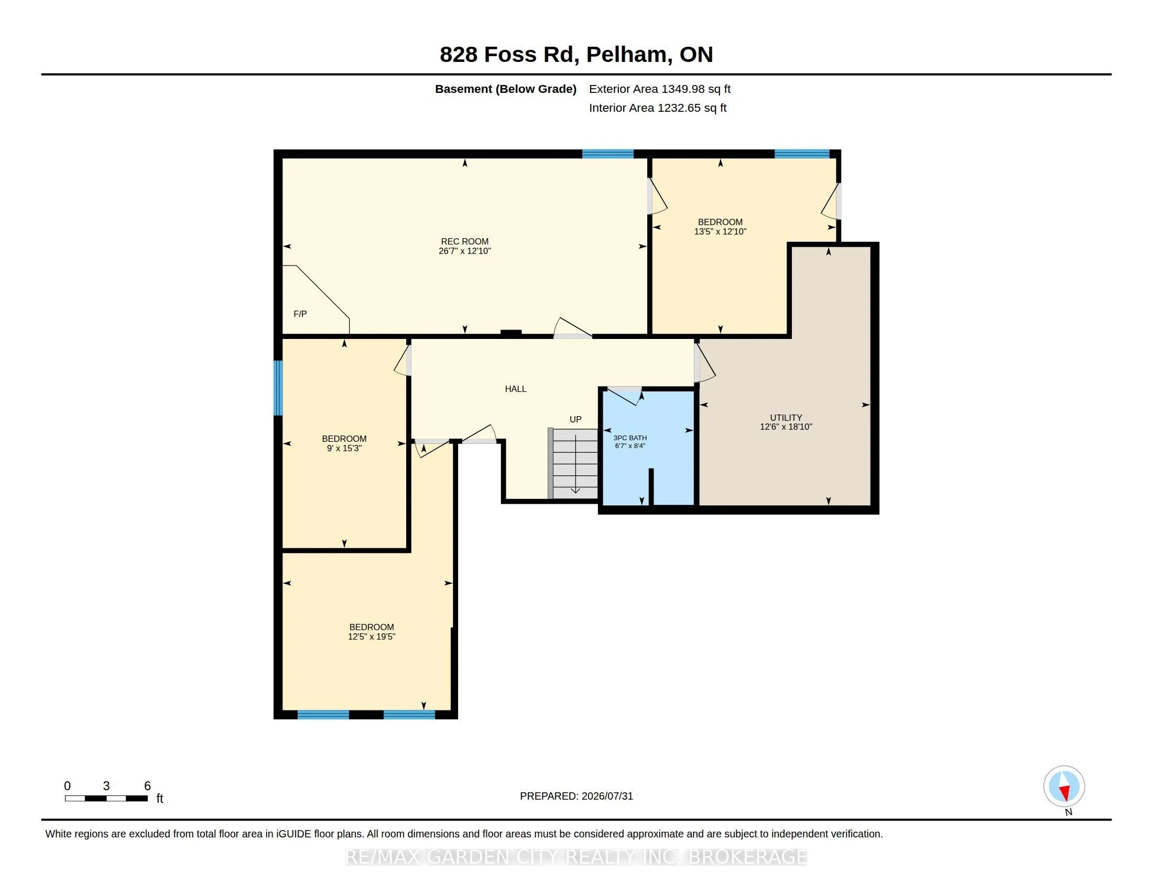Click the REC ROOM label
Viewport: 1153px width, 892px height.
pyautogui.click(x=464, y=241)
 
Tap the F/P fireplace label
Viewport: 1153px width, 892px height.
pyautogui.click(x=300, y=314)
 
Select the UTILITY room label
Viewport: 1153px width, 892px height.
pyautogui.click(x=786, y=418)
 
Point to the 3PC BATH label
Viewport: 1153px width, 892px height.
pyautogui.click(x=630, y=438)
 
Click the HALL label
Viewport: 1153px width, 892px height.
pyautogui.click(x=515, y=389)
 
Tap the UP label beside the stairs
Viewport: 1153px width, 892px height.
pyautogui.click(x=575, y=419)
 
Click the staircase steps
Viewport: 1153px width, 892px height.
pyautogui.click(x=573, y=463)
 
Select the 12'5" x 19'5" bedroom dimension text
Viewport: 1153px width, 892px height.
pyautogui.click(x=372, y=637)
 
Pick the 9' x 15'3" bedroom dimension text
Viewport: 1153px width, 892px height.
pyautogui.click(x=344, y=448)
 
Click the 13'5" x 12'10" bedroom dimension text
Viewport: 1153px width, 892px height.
pyautogui.click(x=720, y=231)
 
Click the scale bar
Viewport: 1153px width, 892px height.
pyautogui.click(x=106, y=798)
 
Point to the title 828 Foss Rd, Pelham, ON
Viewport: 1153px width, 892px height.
pyautogui.click(x=576, y=55)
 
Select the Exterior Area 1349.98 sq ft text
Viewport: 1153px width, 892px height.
pyautogui.click(x=660, y=89)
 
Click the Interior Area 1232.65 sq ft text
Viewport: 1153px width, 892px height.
pyautogui.click(x=658, y=108)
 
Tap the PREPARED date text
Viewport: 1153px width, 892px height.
pyautogui.click(x=576, y=796)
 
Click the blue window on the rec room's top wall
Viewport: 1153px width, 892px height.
pyautogui.click(x=607, y=154)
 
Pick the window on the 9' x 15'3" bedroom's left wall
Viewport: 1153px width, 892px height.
pyautogui.click(x=278, y=388)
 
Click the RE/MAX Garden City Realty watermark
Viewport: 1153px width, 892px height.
pyautogui.click(x=576, y=857)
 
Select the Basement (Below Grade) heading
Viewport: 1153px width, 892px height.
pyautogui.click(x=506, y=89)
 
